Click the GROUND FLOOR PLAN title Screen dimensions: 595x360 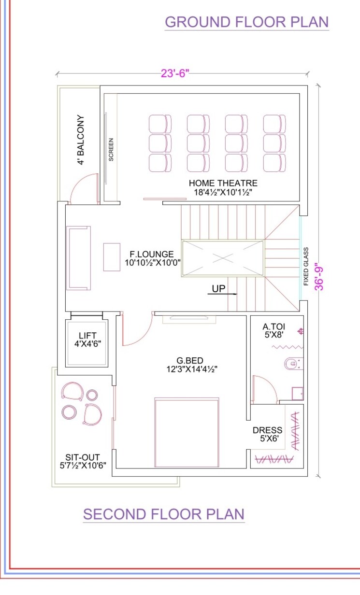coord(246,22)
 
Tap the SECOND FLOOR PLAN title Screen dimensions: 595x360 coord(163,514)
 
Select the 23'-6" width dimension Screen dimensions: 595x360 coord(175,73)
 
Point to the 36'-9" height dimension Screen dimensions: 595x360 coord(319,276)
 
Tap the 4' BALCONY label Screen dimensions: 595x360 coord(81,140)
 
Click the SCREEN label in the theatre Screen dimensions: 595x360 coord(111,150)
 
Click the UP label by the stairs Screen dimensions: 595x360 coord(218,289)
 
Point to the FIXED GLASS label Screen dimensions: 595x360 coord(306,267)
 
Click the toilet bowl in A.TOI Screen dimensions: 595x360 coord(293,363)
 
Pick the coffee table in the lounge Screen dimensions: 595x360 coord(112,257)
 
